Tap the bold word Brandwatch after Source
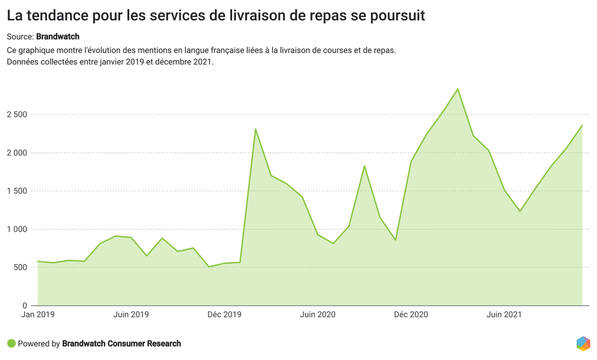coord(58,37)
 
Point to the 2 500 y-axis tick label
coord(17,114)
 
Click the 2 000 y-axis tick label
coord(17,153)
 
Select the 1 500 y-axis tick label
coord(17,191)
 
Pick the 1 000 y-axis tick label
coord(17,229)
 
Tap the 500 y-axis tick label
coord(21,267)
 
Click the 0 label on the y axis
coord(25,306)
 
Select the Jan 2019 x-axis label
coord(37,314)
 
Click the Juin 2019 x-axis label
coord(131,314)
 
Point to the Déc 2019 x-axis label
coord(224,314)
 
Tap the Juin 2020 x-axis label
coord(318,314)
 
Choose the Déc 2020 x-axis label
coord(411,314)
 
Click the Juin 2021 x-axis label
coord(504,314)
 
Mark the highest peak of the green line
coord(458,89)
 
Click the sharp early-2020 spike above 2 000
coord(255,129)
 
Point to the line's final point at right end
coord(582,125)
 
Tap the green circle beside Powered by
coord(11,344)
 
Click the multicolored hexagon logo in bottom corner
coord(583,344)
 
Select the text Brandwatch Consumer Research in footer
coord(121,344)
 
